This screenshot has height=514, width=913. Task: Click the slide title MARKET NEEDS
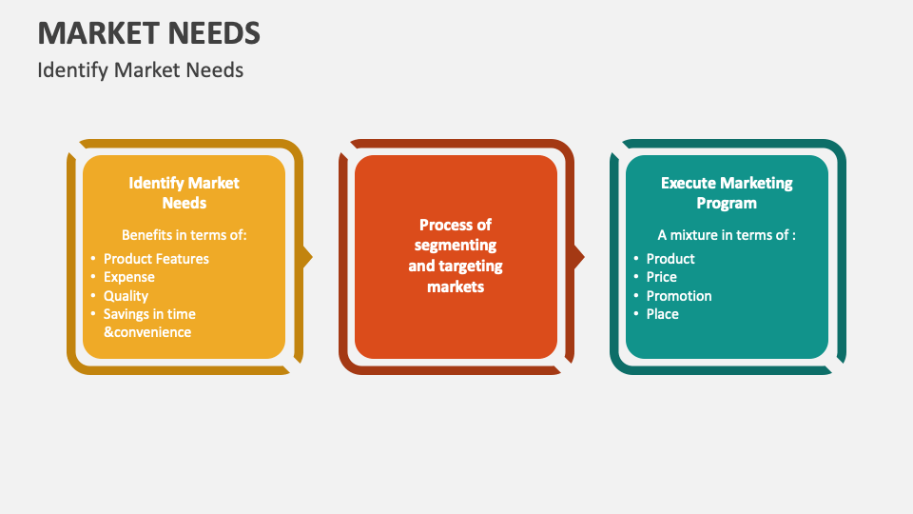pos(148,33)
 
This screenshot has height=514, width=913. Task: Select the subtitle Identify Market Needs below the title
pos(141,70)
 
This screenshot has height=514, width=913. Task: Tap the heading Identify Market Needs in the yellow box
pos(184,192)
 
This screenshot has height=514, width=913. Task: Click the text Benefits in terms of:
pos(184,234)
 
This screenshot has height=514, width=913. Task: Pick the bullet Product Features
pos(156,259)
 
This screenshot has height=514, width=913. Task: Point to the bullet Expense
pos(128,277)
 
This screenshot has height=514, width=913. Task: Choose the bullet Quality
pos(126,296)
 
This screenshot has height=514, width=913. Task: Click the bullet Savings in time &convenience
pos(149,323)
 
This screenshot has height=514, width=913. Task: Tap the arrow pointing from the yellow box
pos(307,257)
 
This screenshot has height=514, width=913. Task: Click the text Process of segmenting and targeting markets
pos(456,256)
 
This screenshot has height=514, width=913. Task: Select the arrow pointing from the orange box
pos(578,257)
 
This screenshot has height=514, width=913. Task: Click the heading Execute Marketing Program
pos(727,192)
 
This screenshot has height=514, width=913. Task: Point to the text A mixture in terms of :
pos(727,234)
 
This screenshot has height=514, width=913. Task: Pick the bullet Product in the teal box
pos(670,259)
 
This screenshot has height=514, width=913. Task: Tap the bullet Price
pos(662,277)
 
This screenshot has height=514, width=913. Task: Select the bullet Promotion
pos(679,296)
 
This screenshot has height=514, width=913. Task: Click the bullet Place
pos(663,314)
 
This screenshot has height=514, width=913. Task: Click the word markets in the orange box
pos(456,287)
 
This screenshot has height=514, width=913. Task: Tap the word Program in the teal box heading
pos(727,203)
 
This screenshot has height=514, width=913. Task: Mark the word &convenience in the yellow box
pos(147,332)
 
